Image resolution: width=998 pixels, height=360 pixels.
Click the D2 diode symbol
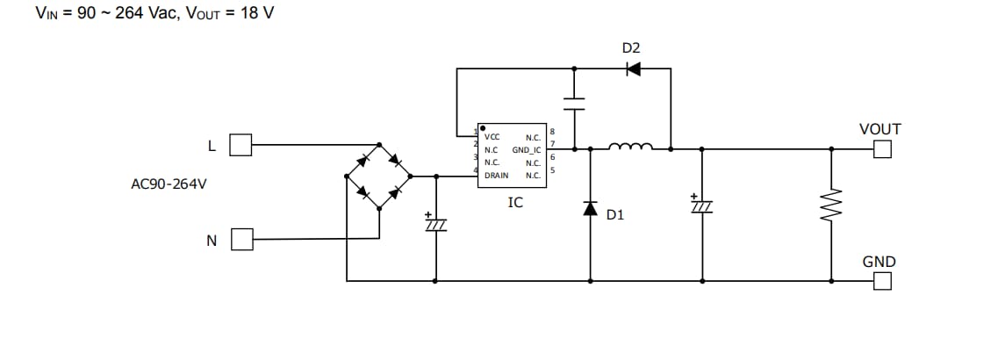click(x=633, y=69)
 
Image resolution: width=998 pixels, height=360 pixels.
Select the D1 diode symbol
click(x=590, y=208)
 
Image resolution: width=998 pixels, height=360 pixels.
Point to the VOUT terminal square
click(x=881, y=149)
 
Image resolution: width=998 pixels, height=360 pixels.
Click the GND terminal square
click(x=881, y=281)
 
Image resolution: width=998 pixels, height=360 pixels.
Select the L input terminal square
click(x=241, y=145)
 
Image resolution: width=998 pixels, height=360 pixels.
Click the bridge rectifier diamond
click(x=379, y=176)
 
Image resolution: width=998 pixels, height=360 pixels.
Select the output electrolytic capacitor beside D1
click(x=702, y=205)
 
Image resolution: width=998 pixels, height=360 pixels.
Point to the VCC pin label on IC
click(x=492, y=138)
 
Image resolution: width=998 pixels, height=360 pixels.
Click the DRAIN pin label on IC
click(x=496, y=176)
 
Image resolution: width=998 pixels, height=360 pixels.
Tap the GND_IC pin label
click(x=527, y=150)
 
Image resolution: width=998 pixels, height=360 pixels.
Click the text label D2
click(x=631, y=47)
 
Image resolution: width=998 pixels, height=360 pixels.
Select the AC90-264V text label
click(x=169, y=184)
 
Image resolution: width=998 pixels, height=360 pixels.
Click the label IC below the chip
click(x=515, y=203)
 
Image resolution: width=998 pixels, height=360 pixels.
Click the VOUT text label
click(x=880, y=129)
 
